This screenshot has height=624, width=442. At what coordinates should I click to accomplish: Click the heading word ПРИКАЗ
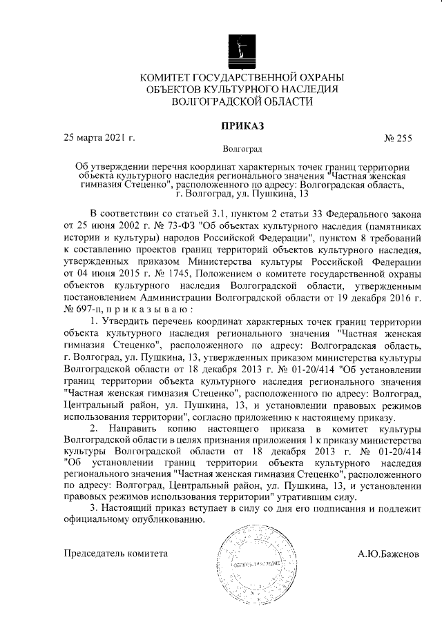(242, 125)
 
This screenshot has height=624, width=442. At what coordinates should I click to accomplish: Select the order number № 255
(397, 138)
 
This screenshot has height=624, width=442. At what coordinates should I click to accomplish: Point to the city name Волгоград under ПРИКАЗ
(242, 148)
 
